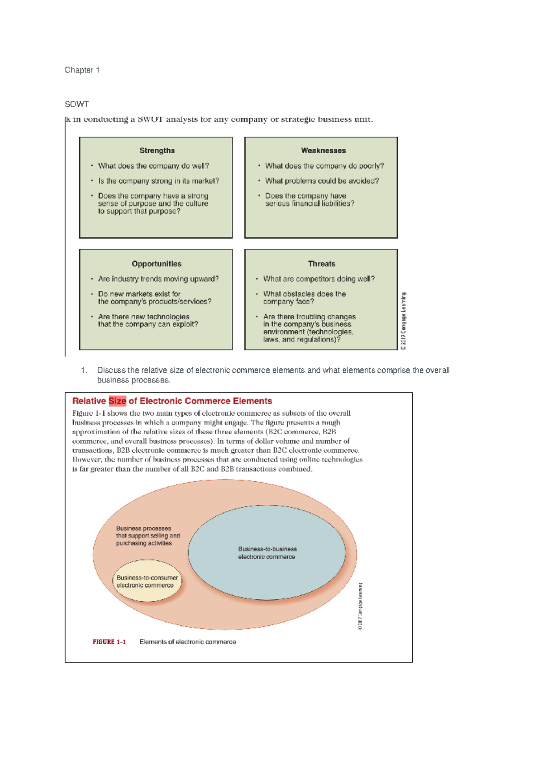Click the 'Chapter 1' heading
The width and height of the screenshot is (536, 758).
coord(82,70)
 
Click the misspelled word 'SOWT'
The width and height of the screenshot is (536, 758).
coord(77,104)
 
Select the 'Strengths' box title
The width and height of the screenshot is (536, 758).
coord(157,151)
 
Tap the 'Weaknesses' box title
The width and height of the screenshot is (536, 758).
coord(323,151)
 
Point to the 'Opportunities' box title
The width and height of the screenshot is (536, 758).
coord(156,264)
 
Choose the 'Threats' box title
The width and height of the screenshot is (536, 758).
coord(322,264)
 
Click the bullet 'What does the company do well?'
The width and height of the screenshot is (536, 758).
coord(153,166)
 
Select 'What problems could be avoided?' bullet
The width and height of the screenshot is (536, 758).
coord(322,181)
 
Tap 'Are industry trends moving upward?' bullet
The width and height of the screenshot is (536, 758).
coord(158,279)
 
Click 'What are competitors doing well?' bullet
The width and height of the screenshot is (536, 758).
coord(318,279)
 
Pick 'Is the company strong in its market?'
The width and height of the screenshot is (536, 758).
coord(159,181)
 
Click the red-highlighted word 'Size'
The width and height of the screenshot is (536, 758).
coord(117,401)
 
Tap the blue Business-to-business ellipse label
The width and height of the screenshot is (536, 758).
coord(267,553)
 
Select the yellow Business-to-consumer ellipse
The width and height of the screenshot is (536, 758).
coord(147,581)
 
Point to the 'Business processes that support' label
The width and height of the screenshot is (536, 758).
coord(147,535)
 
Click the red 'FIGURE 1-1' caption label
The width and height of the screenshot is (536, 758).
coord(109,642)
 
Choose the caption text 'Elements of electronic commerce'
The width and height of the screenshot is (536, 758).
coord(188,642)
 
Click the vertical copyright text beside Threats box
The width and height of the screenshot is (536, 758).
coord(404,321)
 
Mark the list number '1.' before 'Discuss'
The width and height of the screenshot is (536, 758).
coord(84,370)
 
